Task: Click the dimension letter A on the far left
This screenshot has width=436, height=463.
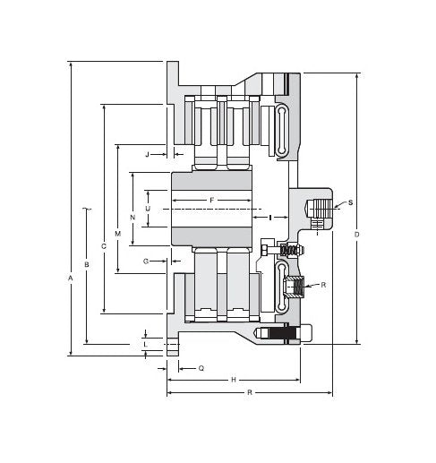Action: point(71,279)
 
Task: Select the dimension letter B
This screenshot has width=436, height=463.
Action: point(87,264)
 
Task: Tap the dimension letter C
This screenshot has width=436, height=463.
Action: point(104,245)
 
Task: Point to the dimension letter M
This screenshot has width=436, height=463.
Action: point(118,233)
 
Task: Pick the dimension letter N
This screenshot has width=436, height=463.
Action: point(133,218)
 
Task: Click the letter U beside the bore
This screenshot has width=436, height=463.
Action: point(148,209)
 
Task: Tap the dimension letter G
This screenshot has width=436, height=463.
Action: point(146,261)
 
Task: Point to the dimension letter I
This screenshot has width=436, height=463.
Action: point(269,218)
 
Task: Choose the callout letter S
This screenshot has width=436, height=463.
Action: point(350,203)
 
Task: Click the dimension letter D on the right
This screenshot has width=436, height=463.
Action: point(356,235)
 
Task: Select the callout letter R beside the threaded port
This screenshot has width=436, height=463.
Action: point(322,285)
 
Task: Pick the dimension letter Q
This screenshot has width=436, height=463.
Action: point(201,368)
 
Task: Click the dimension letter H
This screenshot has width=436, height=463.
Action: point(234,380)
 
